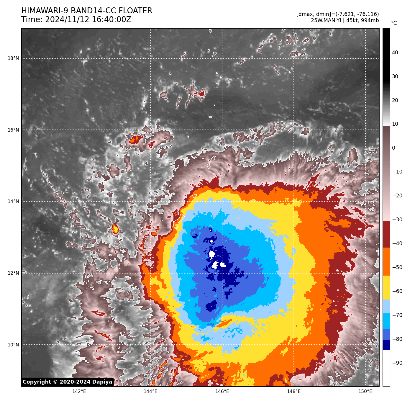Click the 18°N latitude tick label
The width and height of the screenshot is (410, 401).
point(13,58)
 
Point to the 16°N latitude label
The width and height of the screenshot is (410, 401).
point(13,130)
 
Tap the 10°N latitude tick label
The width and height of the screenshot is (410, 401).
point(13,345)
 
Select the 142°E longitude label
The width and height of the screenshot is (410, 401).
point(79,392)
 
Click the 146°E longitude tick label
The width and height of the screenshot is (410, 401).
point(222,392)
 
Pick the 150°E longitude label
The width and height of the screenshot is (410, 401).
point(365,392)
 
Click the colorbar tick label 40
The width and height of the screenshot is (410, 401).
point(395,53)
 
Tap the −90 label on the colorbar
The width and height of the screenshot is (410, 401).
point(397,363)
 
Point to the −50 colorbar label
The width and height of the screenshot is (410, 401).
point(397,268)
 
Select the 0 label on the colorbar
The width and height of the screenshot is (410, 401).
point(393,148)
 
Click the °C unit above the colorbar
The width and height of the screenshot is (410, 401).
point(394,23)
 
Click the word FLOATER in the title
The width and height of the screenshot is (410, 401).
point(135,11)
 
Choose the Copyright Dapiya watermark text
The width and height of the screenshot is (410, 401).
point(68,382)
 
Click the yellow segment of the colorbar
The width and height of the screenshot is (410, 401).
point(386,288)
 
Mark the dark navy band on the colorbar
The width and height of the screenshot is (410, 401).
point(386,345)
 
